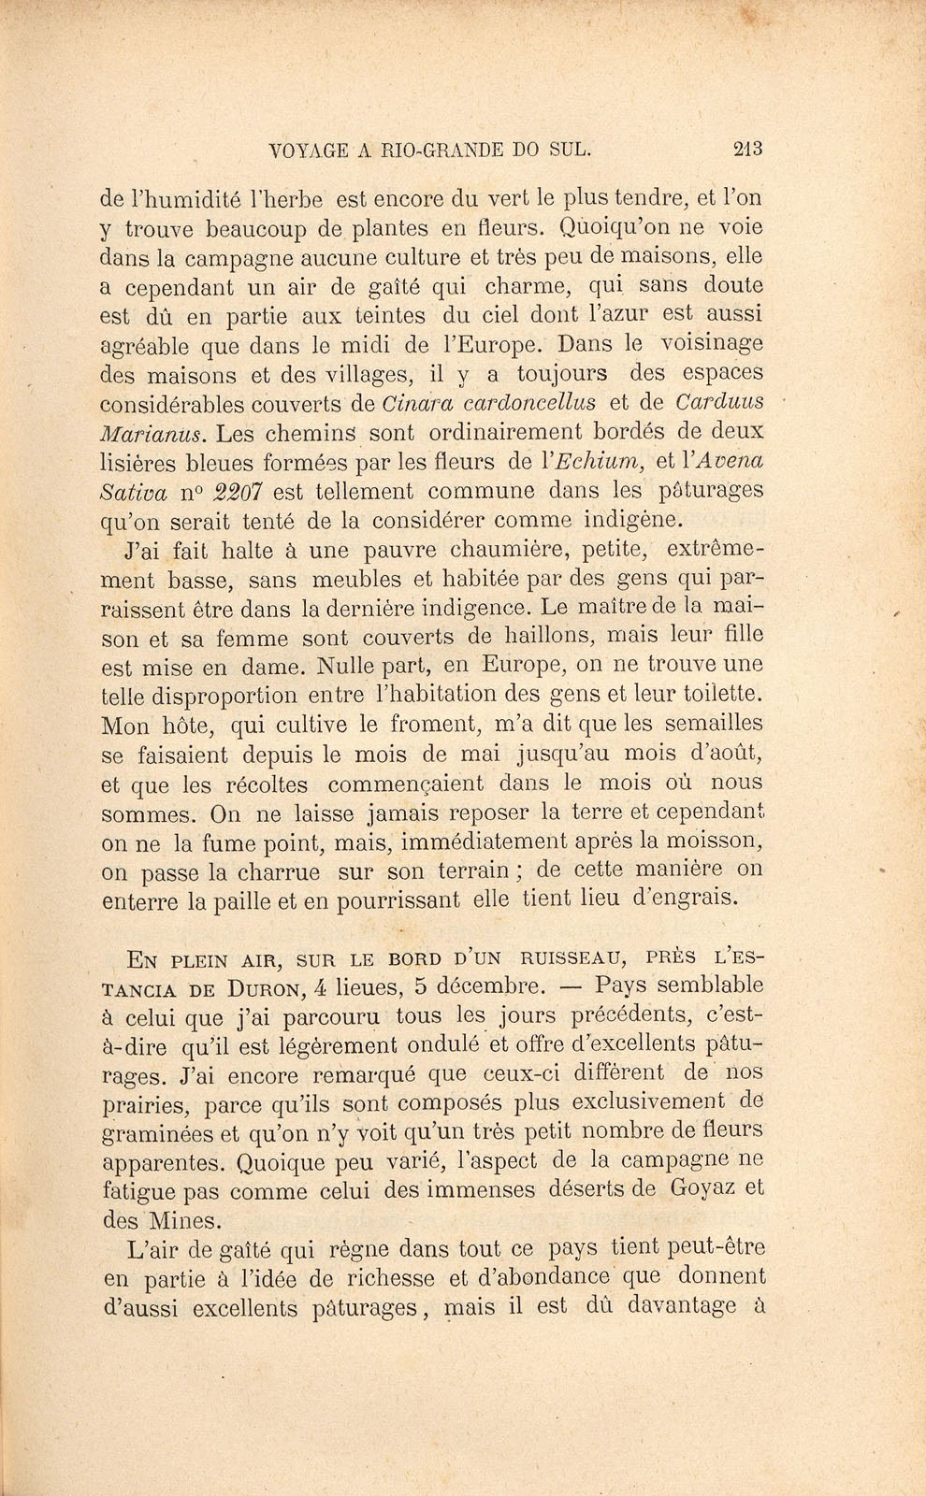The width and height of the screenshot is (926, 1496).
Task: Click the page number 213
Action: click(749, 148)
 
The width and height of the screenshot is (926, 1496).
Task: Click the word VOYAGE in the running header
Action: click(304, 149)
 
